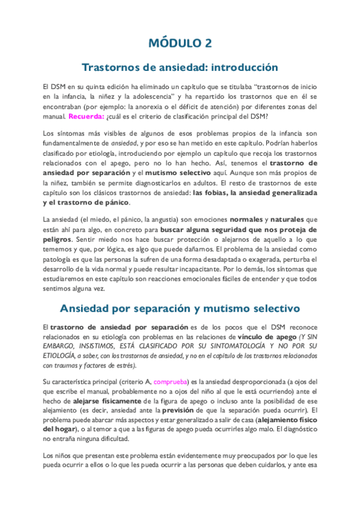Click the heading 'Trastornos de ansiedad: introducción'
(180, 67)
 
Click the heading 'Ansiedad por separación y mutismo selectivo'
(180, 309)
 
